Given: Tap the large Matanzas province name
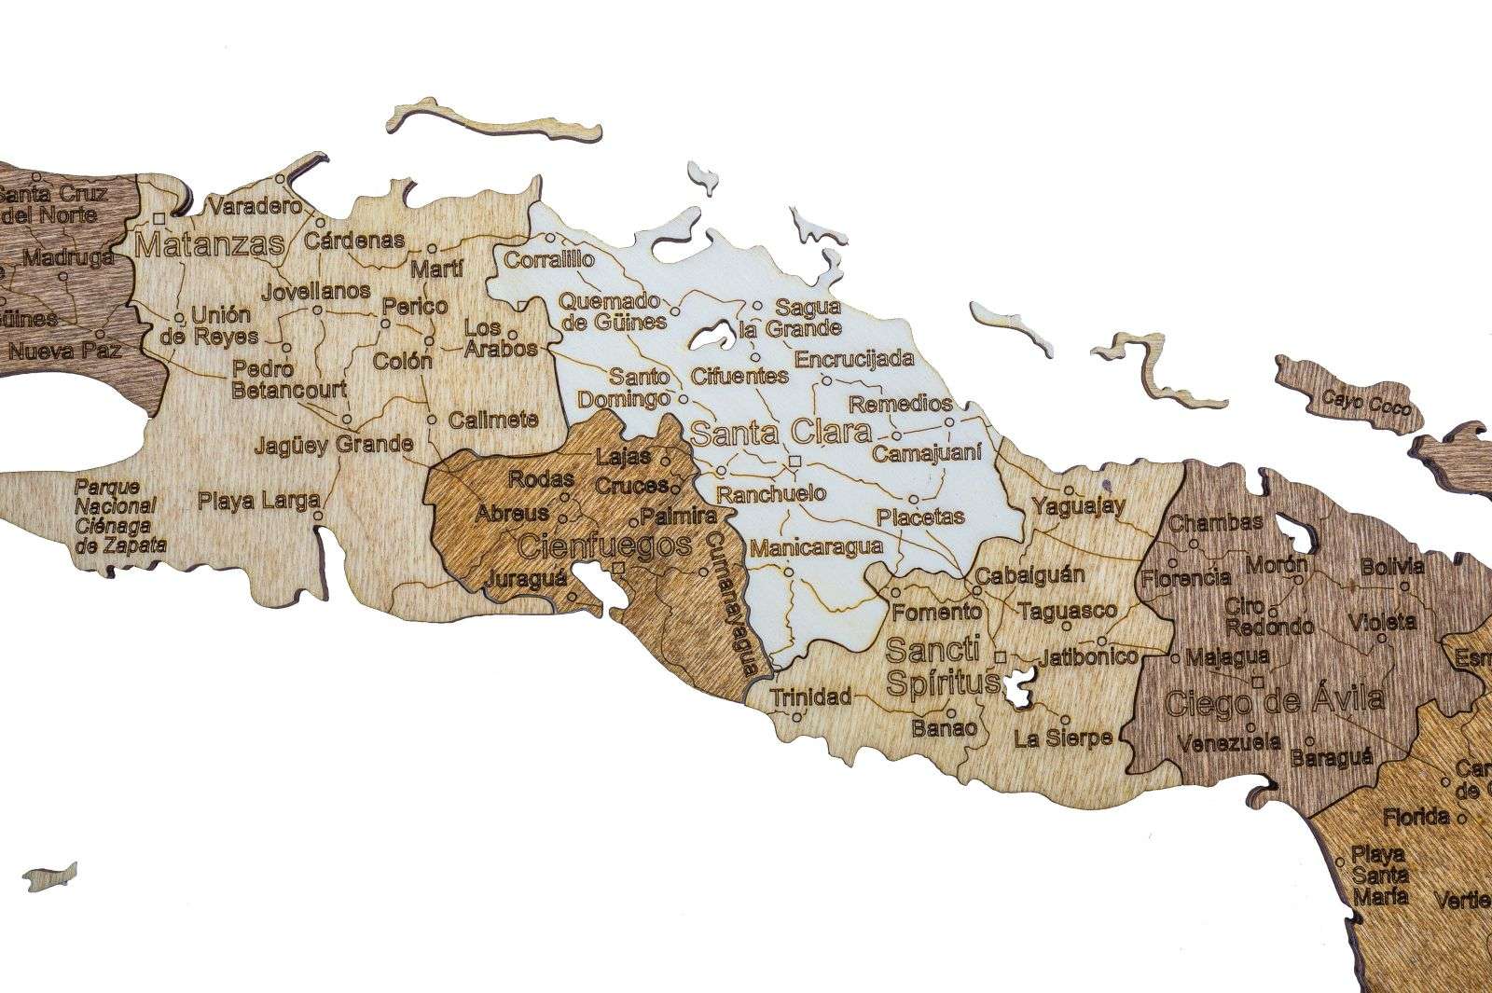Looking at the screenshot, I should (209, 245).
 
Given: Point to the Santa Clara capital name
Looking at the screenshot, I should (781, 433).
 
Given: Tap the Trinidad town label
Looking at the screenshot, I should (810, 696).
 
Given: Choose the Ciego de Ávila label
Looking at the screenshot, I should (1275, 699).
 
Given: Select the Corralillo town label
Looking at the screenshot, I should (548, 260).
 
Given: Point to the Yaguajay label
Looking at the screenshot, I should (1079, 505).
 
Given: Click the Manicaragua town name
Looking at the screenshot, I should (816, 547).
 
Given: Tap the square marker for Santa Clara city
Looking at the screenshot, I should (794, 462).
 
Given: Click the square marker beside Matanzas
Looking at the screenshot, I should (159, 218).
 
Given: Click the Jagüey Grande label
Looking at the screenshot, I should (333, 444).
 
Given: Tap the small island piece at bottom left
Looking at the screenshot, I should (49, 876).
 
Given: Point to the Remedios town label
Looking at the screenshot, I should (901, 404).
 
